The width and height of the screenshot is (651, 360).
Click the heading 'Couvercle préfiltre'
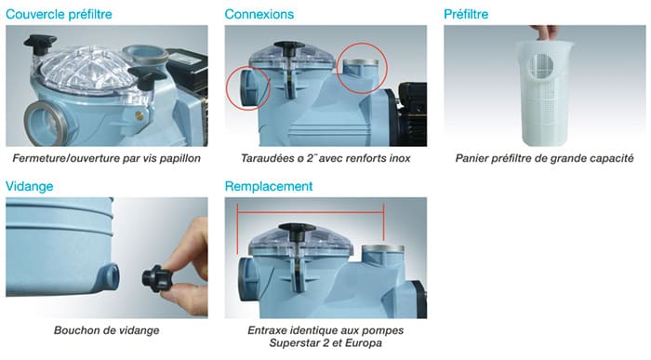point(59,14)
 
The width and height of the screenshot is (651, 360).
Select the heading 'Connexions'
point(259,14)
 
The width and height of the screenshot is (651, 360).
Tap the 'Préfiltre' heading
point(466,14)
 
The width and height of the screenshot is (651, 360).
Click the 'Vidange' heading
point(29,186)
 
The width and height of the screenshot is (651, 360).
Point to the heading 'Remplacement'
point(269,186)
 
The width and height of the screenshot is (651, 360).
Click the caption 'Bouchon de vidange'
point(107,330)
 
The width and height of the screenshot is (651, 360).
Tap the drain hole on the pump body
point(110,276)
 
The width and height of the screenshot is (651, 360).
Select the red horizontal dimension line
point(310,213)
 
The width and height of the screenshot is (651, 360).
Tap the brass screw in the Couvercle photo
point(140,115)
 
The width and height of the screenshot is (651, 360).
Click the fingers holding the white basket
point(545,32)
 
